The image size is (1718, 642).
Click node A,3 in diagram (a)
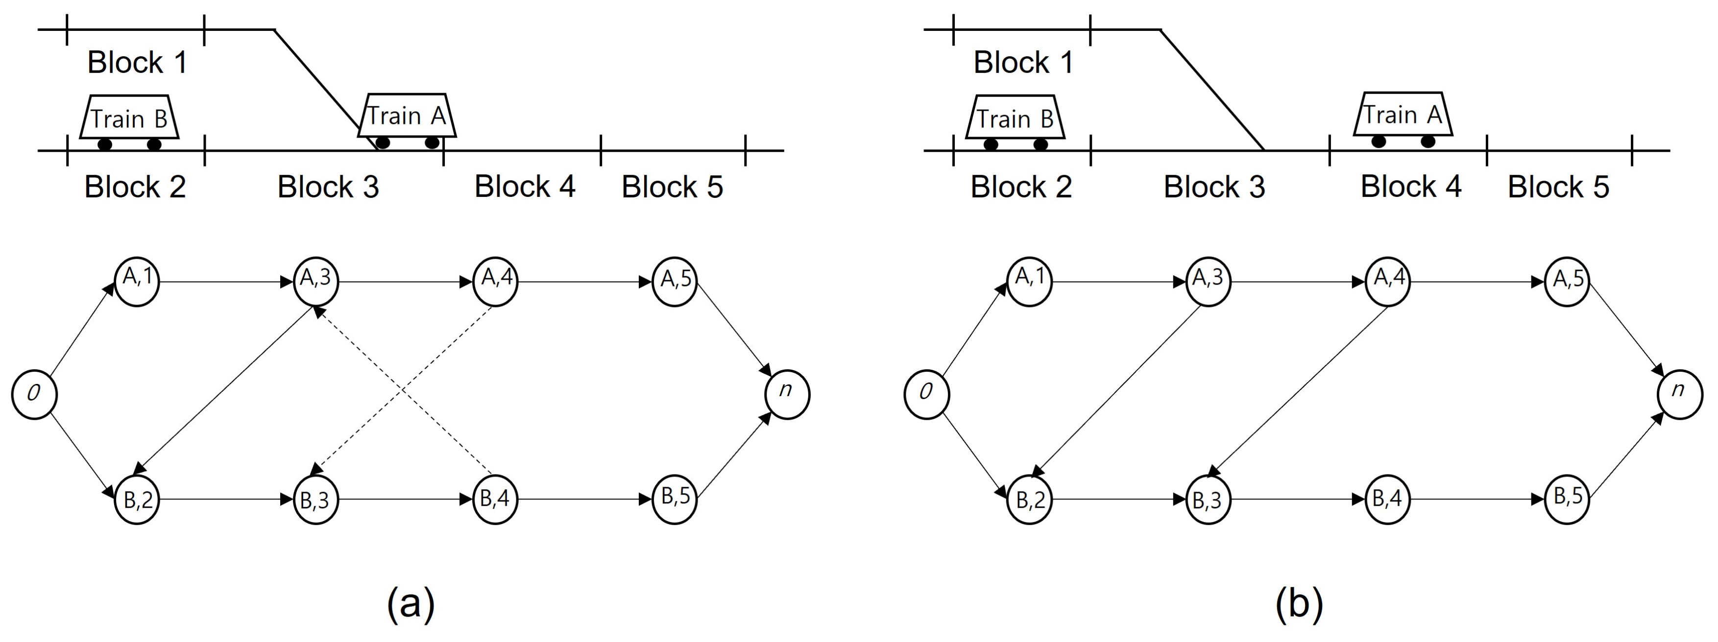(x=316, y=281)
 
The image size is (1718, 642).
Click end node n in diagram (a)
(x=787, y=395)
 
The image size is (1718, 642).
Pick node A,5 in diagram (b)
(x=1567, y=281)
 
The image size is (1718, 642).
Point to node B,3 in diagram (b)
(x=1208, y=499)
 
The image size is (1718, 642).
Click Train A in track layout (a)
(x=407, y=119)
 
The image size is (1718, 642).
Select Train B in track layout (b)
(x=1015, y=120)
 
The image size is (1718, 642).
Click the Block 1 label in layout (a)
(x=137, y=63)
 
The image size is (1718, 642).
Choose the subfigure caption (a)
(x=411, y=604)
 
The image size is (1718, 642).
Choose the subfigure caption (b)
(x=1299, y=604)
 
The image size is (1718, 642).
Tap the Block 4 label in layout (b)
(x=1410, y=187)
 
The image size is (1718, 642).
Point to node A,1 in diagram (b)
(x=1029, y=281)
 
